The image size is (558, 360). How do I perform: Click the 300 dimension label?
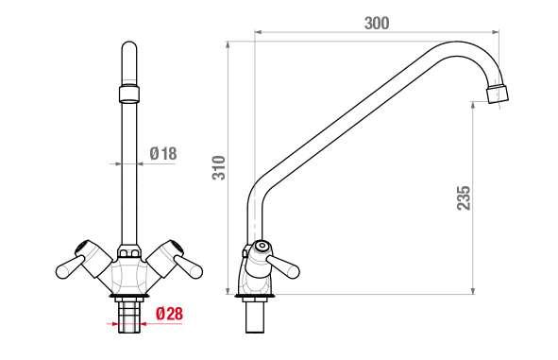pyautogui.click(x=377, y=23)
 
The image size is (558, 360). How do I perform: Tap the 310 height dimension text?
pyautogui.click(x=219, y=167)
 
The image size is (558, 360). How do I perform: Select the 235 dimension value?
pyautogui.click(x=464, y=197)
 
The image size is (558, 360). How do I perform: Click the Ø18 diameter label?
pyautogui.click(x=163, y=153)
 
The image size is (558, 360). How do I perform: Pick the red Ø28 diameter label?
pyautogui.click(x=169, y=314)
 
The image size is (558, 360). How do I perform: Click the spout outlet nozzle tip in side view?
pyautogui.click(x=498, y=94)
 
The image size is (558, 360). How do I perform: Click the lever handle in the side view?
pyautogui.click(x=283, y=266)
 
